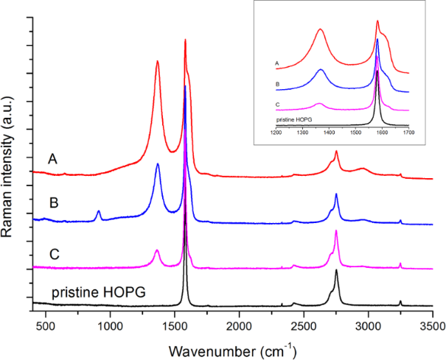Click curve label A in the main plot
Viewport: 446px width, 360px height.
click(x=53, y=159)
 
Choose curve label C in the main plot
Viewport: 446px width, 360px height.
click(x=53, y=255)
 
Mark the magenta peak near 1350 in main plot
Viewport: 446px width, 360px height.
click(x=157, y=250)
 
